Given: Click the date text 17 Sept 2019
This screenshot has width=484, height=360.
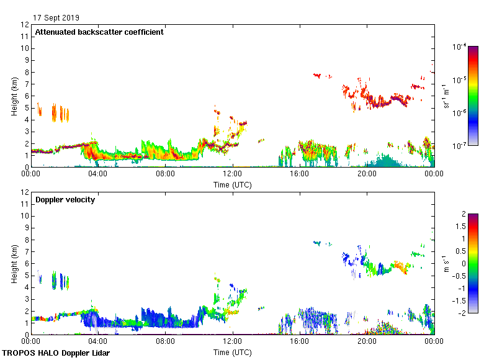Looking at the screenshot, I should (56, 18).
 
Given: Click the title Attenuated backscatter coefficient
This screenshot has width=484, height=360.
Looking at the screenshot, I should (99, 32).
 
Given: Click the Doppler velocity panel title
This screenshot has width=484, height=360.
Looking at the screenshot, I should (65, 200).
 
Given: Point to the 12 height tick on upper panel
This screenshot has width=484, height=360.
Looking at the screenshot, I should (25, 25).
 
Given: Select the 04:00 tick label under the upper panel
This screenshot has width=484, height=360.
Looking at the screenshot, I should (98, 174).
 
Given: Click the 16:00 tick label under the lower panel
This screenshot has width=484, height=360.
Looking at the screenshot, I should (300, 341).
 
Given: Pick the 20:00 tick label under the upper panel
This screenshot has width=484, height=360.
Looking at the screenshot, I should (367, 174).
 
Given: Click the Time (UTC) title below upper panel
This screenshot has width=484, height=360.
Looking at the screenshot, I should (233, 184).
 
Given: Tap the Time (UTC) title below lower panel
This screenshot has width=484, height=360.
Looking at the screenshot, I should (233, 352).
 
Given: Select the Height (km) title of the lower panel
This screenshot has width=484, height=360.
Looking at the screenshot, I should (14, 264).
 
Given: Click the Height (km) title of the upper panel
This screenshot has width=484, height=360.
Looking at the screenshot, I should (14, 96).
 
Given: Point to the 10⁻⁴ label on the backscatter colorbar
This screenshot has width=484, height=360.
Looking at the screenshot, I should (460, 47).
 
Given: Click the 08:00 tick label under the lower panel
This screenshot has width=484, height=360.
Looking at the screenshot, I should (165, 341).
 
